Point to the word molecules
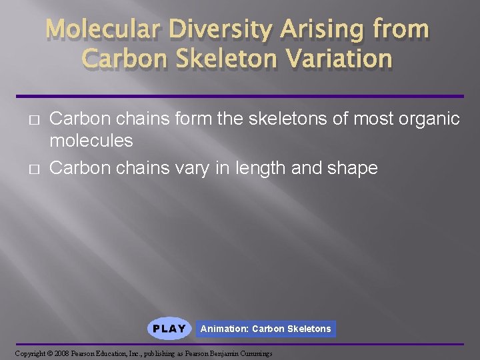(x=91, y=141)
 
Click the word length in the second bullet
(x=259, y=168)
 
